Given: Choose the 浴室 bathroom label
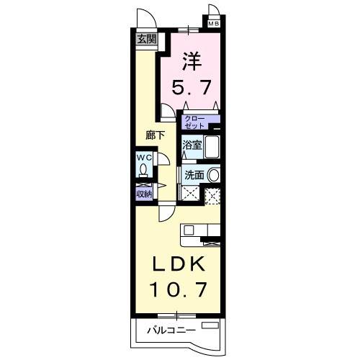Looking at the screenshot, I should point(191,143).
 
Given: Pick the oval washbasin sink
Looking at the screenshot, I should point(214,175).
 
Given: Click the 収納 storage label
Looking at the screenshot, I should point(143,194).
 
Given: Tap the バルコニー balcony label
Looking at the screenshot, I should point(171,332).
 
